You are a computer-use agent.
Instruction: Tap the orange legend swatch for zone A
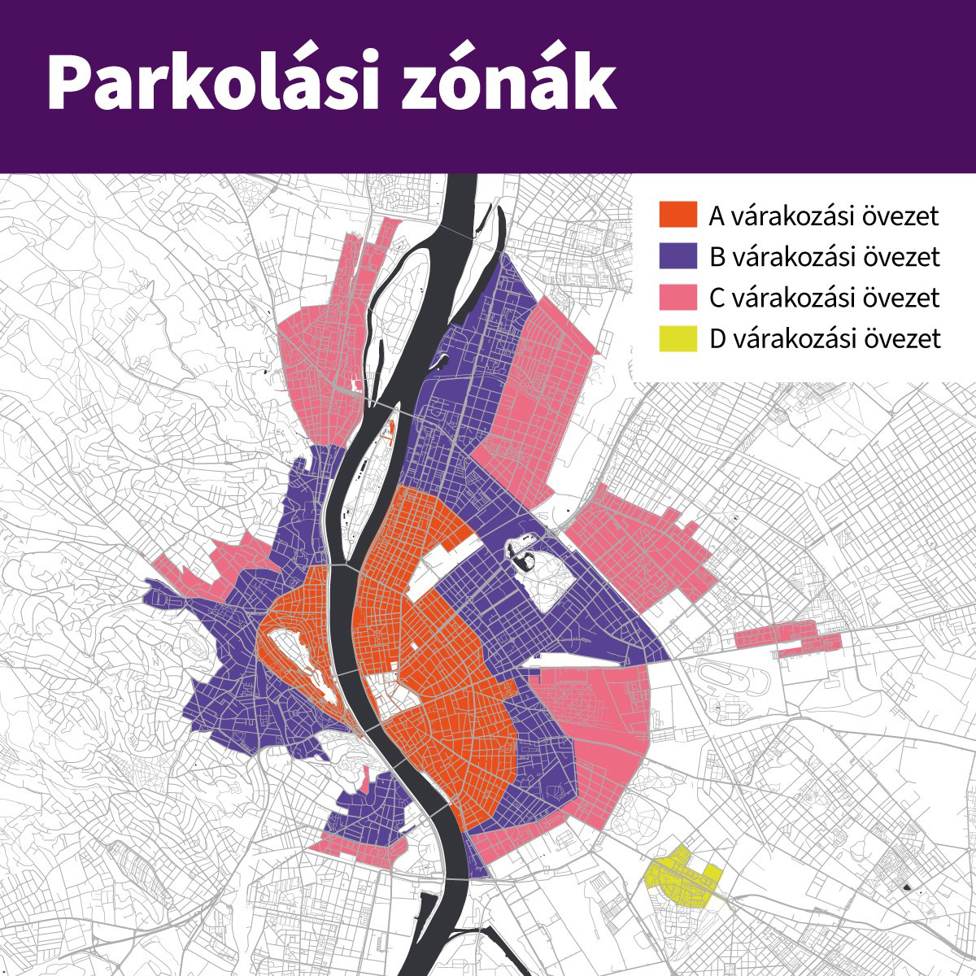tap(678, 216)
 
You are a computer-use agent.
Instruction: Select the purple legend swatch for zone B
tap(678, 257)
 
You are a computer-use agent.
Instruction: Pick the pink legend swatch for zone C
tap(678, 298)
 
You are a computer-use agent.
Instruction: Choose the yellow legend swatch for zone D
tap(678, 338)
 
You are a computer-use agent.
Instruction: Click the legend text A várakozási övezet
tap(824, 216)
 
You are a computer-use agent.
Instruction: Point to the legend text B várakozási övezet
tap(824, 257)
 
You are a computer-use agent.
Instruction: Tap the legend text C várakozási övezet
tap(824, 298)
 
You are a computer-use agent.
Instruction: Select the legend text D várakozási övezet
tap(824, 338)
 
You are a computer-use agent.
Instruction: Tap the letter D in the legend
tap(717, 338)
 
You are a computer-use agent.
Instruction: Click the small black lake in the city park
tap(521, 556)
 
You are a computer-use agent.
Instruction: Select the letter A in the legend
tap(717, 216)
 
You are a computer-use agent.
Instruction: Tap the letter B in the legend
tap(717, 257)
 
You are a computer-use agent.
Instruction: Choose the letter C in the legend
tap(717, 298)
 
